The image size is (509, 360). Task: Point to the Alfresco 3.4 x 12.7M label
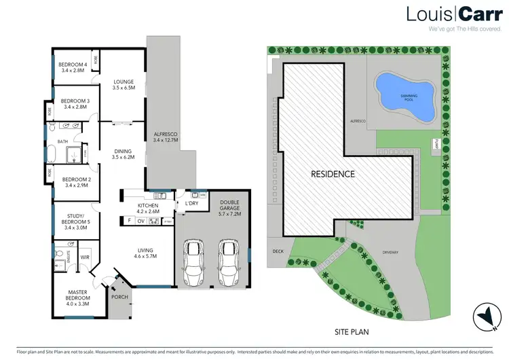(165, 137)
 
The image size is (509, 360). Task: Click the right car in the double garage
(228, 262)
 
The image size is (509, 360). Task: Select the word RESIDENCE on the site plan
(333, 174)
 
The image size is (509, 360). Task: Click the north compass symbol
(485, 314)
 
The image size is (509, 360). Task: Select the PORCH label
(119, 297)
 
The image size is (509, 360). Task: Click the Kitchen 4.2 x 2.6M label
(148, 208)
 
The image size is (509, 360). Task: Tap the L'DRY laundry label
(191, 204)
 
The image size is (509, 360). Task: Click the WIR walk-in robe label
(86, 257)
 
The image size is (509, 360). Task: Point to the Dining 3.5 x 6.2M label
(124, 154)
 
